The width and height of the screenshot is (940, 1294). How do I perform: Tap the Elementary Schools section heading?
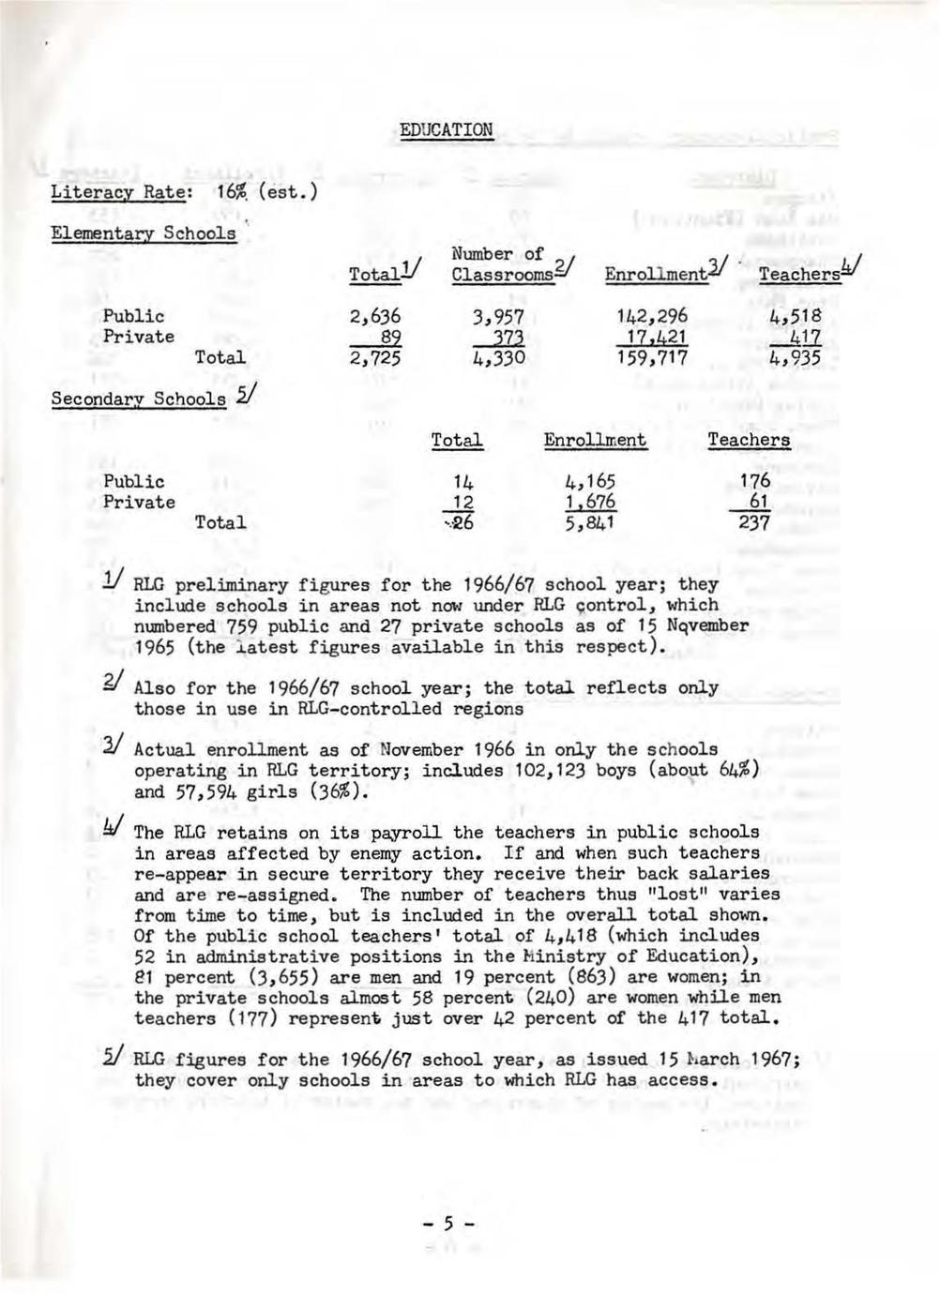(143, 233)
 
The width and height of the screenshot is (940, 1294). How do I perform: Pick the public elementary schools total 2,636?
(374, 317)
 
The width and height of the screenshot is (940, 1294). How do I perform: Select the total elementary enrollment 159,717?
(652, 358)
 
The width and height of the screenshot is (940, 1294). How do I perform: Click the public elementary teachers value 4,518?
(795, 317)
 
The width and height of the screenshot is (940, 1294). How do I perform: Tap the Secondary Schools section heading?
(138, 399)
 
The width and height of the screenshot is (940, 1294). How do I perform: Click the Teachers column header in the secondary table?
(749, 440)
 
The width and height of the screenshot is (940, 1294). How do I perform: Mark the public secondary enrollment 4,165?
(589, 482)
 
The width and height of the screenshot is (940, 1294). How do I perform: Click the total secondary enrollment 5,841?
(589, 523)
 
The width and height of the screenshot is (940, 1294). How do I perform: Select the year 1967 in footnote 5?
(771, 1060)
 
